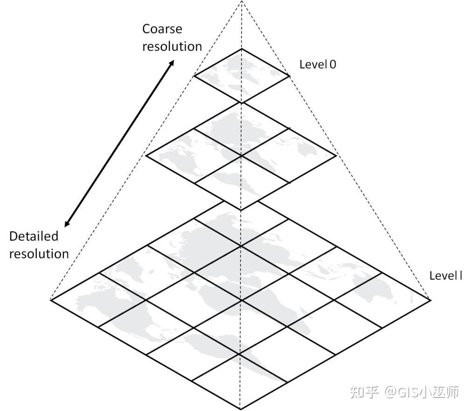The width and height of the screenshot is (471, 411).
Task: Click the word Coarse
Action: click(162, 29)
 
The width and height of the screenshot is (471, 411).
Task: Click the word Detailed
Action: click(34, 236)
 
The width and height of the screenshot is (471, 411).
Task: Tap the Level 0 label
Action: click(317, 64)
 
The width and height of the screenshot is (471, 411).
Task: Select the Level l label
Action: click(445, 275)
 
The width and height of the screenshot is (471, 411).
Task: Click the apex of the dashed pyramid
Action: click(241, 1)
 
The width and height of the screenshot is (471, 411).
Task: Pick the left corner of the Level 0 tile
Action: click(193, 76)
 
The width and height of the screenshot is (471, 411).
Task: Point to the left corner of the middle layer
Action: click(146, 156)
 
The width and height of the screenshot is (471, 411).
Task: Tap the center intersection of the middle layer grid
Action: click(241, 156)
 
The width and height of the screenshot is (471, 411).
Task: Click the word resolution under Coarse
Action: click(172, 46)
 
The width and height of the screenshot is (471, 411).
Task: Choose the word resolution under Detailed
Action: click(39, 254)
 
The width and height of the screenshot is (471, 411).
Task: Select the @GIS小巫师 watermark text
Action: click(422, 392)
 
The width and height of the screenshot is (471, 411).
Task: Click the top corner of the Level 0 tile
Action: click(241, 49)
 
